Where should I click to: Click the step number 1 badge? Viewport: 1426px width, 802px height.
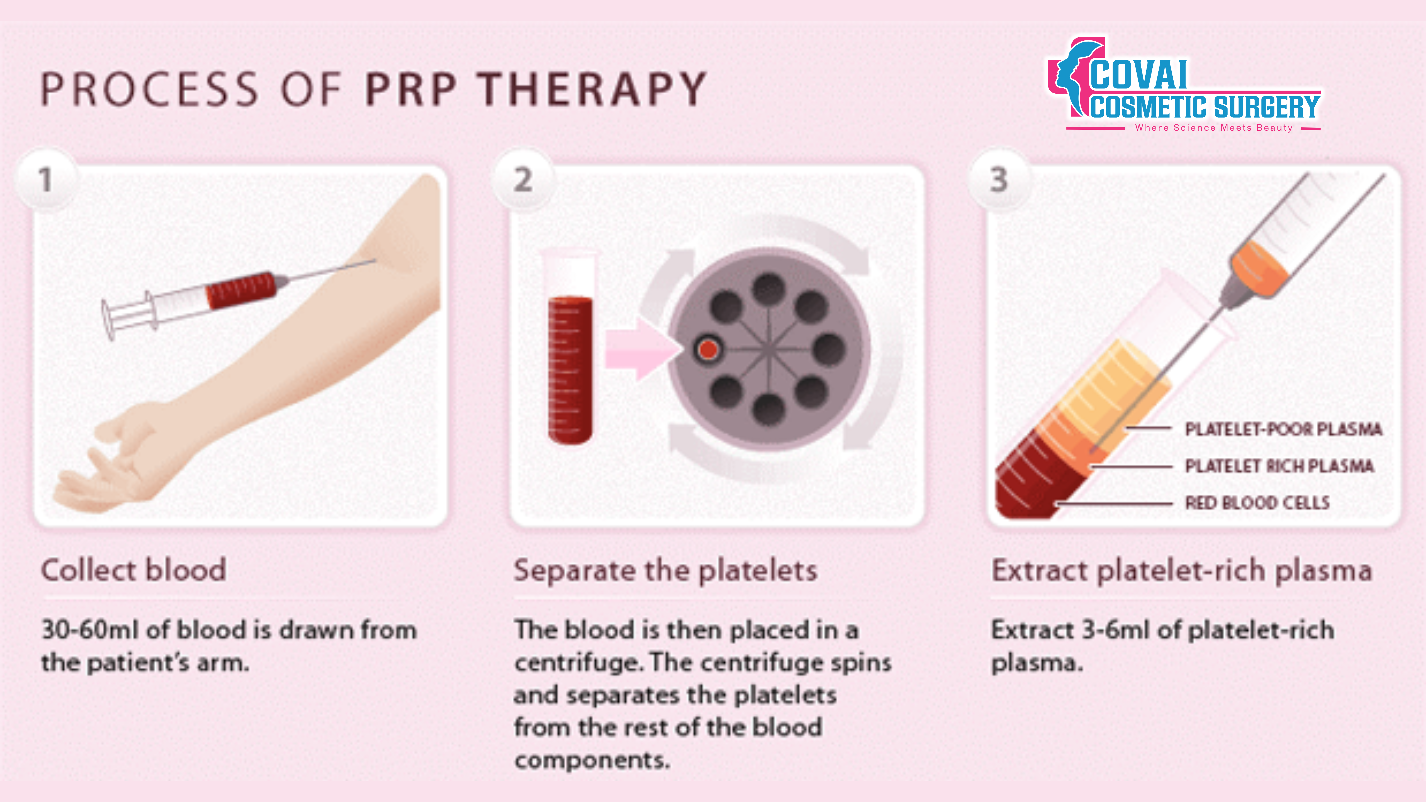pyautogui.click(x=46, y=179)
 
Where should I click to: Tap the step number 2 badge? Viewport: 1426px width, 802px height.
pyautogui.click(x=523, y=179)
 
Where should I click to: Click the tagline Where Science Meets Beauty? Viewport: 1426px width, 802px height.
pyautogui.click(x=1214, y=128)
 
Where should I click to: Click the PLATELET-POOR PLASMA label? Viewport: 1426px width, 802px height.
pyautogui.click(x=1283, y=429)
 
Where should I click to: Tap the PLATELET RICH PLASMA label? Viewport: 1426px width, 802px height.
pyautogui.click(x=1279, y=466)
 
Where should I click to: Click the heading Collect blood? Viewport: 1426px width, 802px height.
pyautogui.click(x=133, y=570)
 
